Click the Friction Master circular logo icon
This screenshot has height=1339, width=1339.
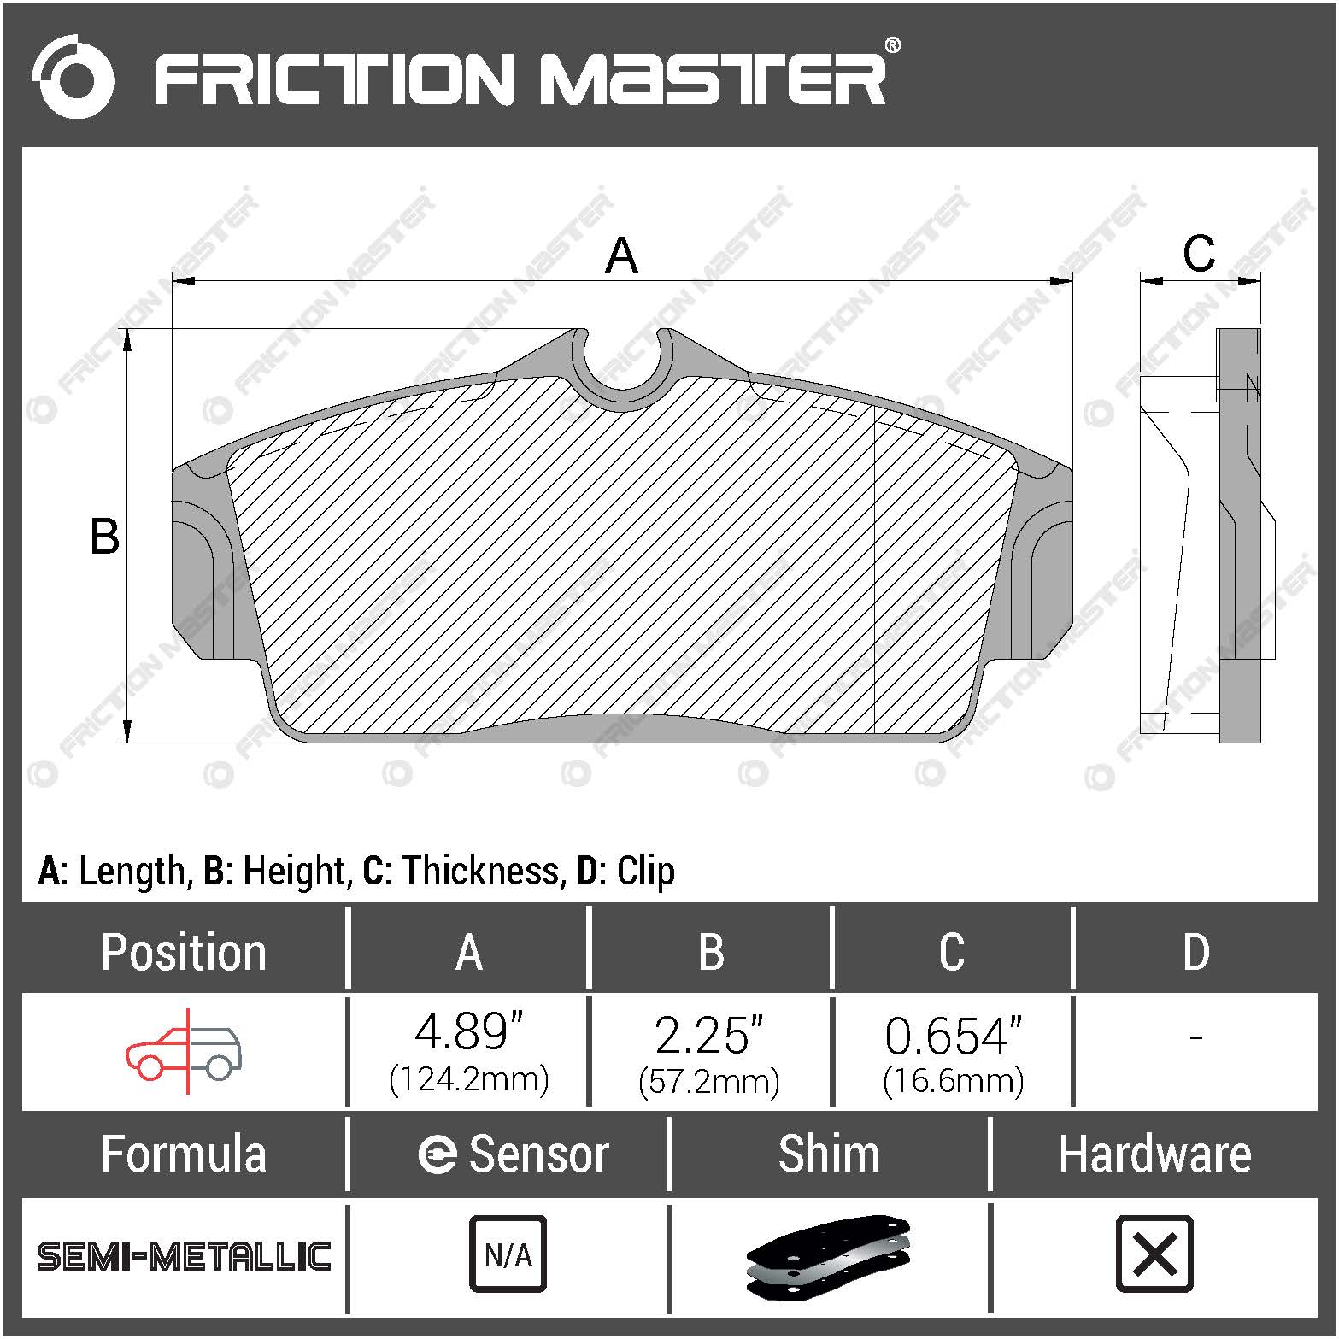point(73,76)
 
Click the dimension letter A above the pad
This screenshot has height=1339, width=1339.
point(621,255)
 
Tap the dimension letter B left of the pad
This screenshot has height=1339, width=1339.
point(105,537)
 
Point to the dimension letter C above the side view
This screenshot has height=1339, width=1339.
point(1198,254)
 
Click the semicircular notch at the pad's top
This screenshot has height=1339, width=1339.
point(621,367)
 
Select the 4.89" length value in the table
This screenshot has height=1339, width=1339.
point(468,1032)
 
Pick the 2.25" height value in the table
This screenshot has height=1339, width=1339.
point(708,1035)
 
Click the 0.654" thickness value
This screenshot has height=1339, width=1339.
point(953,1036)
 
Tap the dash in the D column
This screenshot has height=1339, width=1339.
point(1195,1037)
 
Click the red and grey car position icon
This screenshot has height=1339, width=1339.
point(185,1052)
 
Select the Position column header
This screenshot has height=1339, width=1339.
point(184,952)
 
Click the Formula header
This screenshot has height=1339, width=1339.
point(184,1154)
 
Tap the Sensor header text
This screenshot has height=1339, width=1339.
point(538,1154)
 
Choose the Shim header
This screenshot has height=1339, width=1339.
point(828,1154)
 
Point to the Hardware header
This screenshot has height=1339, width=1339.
point(1154,1154)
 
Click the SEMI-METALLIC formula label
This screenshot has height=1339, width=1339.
point(184,1256)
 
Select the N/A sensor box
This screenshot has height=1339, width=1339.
point(508,1254)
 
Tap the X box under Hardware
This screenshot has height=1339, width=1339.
point(1154,1254)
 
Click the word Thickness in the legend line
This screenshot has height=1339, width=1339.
point(481,872)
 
